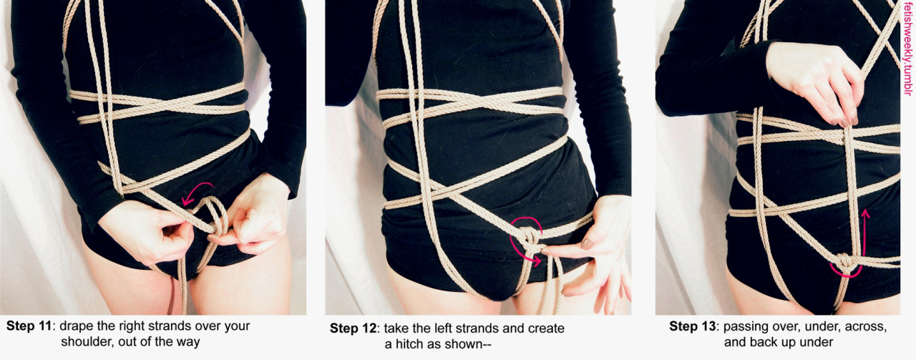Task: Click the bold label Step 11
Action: pos(29,326)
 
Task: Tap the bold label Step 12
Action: pos(353,328)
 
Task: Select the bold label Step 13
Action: pos(692,326)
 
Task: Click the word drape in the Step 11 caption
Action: pos(78,326)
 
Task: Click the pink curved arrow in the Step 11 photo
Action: pos(195,190)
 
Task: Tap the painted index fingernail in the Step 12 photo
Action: pos(588,244)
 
